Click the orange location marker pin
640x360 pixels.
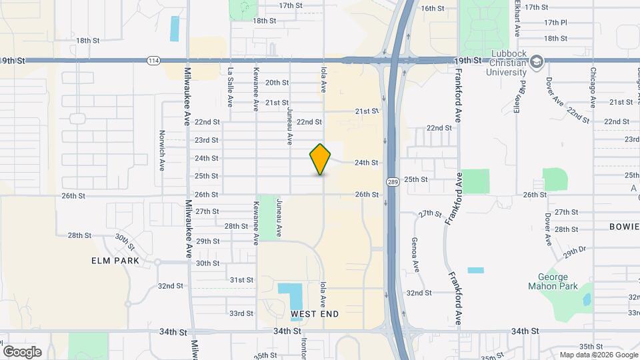click(321, 159)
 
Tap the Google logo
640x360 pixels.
click(22, 352)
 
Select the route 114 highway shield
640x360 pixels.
click(153, 61)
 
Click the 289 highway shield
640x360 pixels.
click(393, 181)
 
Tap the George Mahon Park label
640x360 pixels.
click(553, 282)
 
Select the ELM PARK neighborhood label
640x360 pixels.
click(115, 261)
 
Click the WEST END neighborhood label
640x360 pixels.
click(315, 313)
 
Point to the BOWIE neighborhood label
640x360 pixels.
click(624, 227)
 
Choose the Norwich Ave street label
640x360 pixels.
click(162, 150)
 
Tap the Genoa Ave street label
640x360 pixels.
click(415, 254)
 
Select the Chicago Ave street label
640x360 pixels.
click(592, 87)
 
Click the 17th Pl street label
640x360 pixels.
click(555, 22)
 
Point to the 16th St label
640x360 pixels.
click(433, 8)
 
